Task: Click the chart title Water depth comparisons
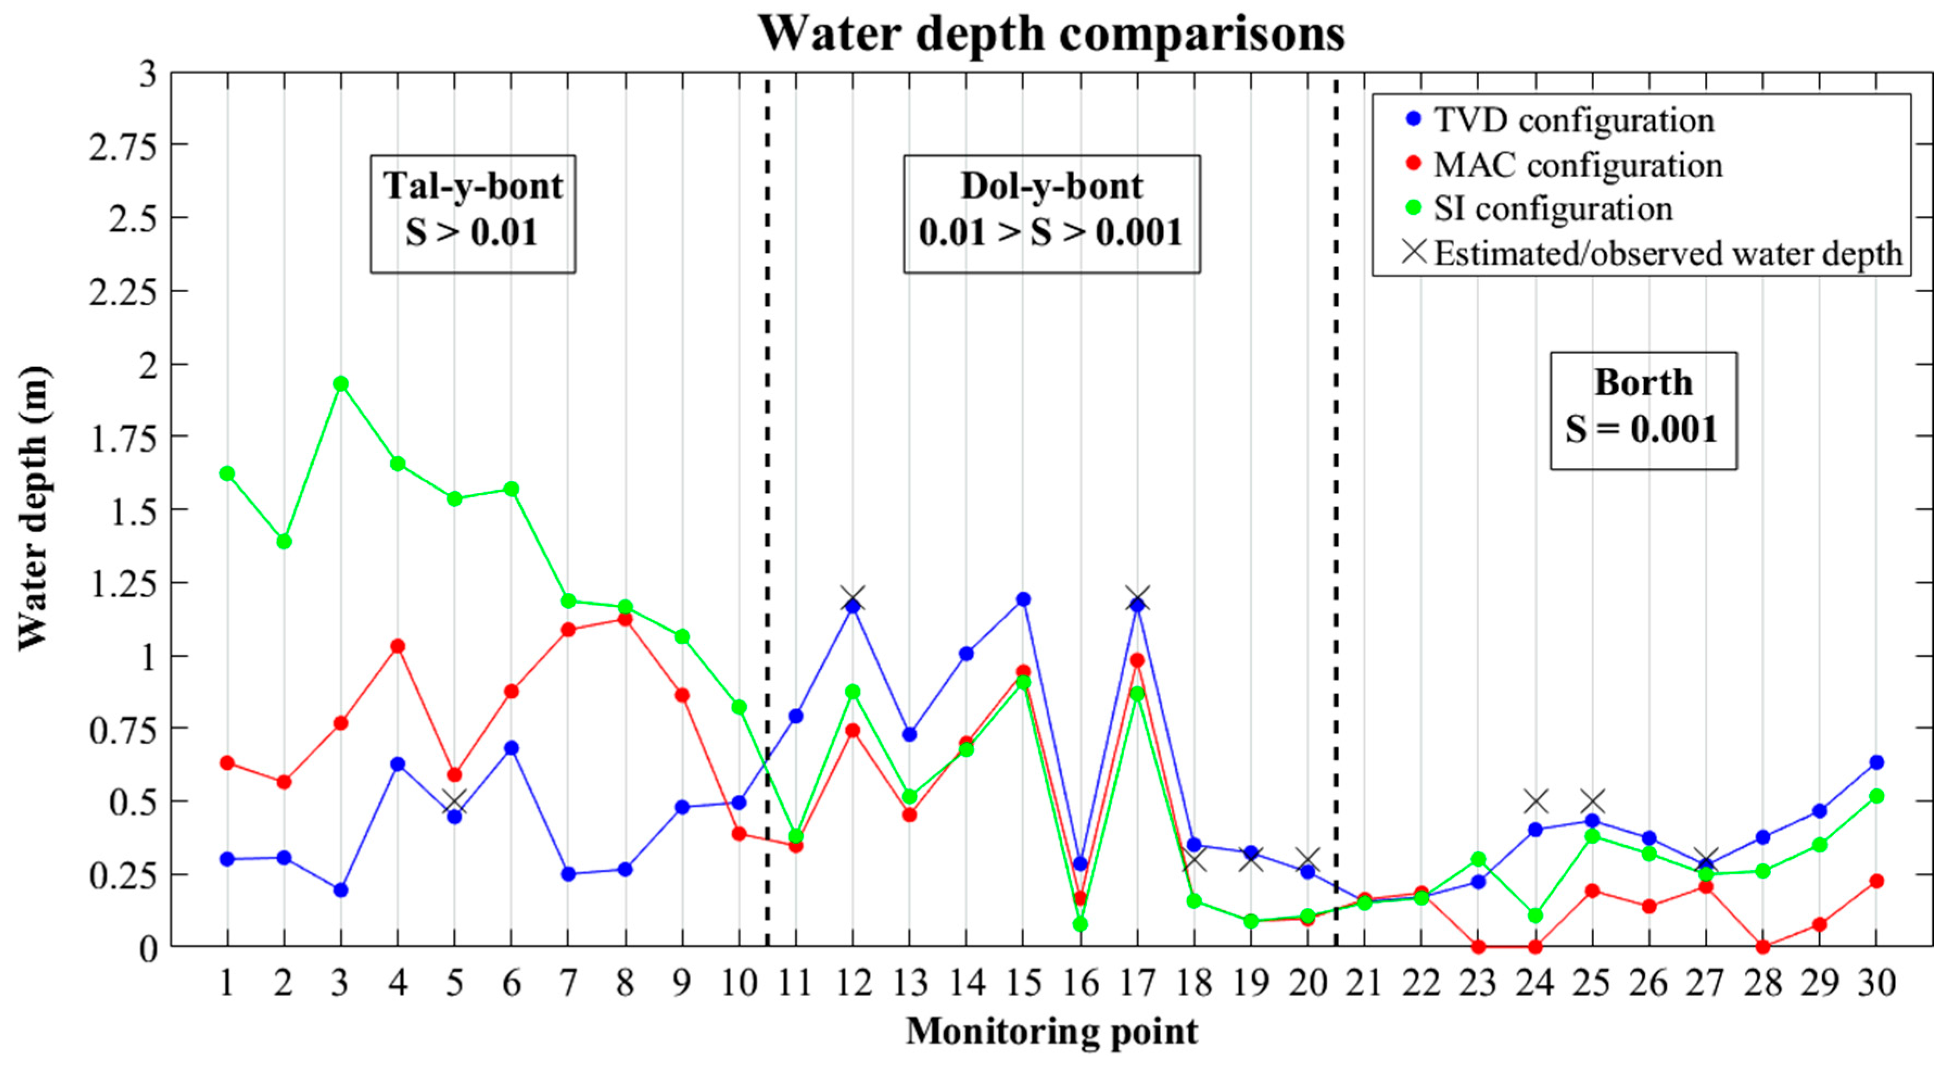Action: click(1051, 34)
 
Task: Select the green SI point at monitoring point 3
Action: click(340, 383)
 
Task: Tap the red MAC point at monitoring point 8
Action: click(625, 619)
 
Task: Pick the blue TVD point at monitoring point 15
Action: click(1023, 599)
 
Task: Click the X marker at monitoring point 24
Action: click(1536, 801)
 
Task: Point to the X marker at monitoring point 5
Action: click(454, 801)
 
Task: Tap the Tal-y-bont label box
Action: click(473, 213)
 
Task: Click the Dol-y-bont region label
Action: click(1051, 213)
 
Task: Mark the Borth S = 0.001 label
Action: click(1643, 410)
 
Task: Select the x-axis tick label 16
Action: click(1080, 983)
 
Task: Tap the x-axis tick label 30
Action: click(1876, 983)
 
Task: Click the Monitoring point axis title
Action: click(1051, 1032)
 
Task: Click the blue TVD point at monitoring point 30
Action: click(1876, 762)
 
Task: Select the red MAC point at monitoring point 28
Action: click(1763, 946)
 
